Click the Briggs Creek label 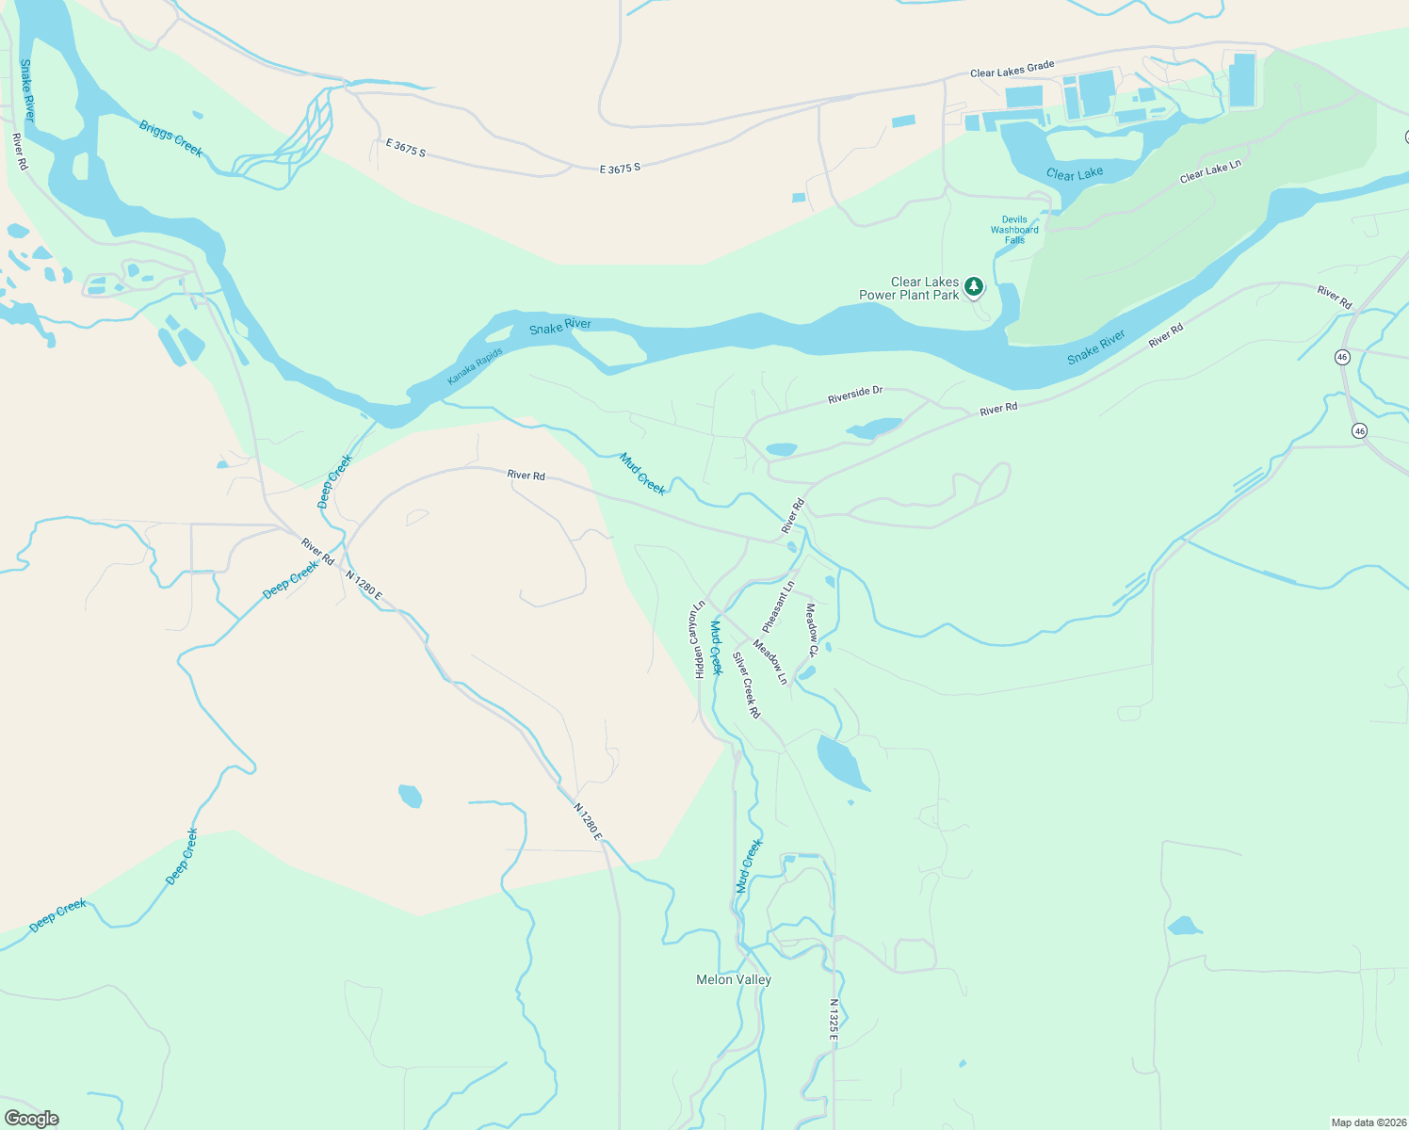pyautogui.click(x=170, y=137)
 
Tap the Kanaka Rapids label pyautogui.click(x=475, y=366)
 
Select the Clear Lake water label pyautogui.click(x=1075, y=173)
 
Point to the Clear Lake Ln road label pyautogui.click(x=1210, y=171)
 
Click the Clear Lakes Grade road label pyautogui.click(x=1012, y=70)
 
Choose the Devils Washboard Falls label pyautogui.click(x=1014, y=230)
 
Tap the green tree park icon pyautogui.click(x=974, y=286)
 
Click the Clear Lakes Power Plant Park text pyautogui.click(x=909, y=288)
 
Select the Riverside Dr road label pyautogui.click(x=855, y=395)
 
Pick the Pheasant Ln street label pyautogui.click(x=778, y=606)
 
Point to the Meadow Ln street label pyautogui.click(x=769, y=662)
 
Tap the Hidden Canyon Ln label pyautogui.click(x=699, y=639)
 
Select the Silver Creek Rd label pyautogui.click(x=746, y=686)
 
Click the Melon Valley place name pyautogui.click(x=733, y=979)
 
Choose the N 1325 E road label pyautogui.click(x=834, y=1019)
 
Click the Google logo pyautogui.click(x=31, y=1119)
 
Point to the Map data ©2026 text pyautogui.click(x=1368, y=1122)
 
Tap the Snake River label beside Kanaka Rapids pyautogui.click(x=560, y=327)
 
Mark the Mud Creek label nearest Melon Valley pyautogui.click(x=749, y=866)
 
